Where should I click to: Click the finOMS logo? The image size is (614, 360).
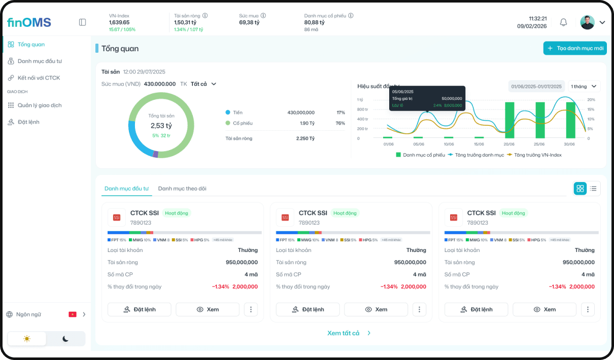29,22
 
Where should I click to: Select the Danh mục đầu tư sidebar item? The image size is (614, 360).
40,61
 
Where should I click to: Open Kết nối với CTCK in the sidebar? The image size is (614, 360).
39,78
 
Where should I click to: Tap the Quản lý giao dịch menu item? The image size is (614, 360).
40,105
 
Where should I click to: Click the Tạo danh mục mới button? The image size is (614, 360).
575,48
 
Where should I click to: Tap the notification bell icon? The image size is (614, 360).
563,22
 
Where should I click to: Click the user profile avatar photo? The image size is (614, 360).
587,22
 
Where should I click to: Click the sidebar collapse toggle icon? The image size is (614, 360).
83,22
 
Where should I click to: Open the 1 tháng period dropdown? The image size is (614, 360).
585,86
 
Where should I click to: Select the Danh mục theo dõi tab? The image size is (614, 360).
182,189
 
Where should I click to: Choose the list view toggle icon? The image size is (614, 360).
593,189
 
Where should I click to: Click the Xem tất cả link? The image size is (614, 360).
344,333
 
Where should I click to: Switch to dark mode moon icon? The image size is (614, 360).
65,339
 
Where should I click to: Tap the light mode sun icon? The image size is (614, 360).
27,339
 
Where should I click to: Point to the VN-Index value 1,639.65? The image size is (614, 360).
119,22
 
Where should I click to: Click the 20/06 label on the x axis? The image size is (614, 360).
508,145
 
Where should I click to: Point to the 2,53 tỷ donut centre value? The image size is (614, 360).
161,126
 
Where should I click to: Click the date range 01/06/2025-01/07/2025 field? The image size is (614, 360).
536,86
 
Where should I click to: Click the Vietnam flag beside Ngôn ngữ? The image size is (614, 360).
73,314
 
